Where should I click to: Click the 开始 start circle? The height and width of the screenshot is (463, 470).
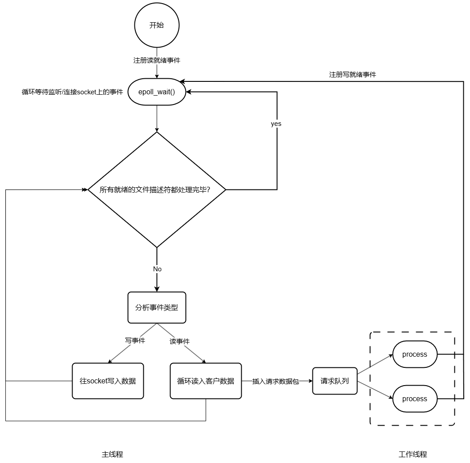[x=157, y=25]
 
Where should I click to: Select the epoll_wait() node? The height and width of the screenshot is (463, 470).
[x=157, y=92]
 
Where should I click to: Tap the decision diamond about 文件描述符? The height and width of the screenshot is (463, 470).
[x=157, y=189]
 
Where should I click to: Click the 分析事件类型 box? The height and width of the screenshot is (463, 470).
[x=157, y=307]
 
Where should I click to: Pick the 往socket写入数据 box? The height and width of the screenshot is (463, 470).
[x=108, y=381]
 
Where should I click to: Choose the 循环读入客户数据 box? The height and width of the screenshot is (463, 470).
[x=206, y=381]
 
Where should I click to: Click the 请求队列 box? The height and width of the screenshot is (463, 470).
[x=335, y=381]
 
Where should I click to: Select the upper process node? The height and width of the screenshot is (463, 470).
[x=415, y=354]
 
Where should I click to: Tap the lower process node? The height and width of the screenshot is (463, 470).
[x=415, y=399]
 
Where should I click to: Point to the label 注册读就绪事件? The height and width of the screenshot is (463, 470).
[x=157, y=60]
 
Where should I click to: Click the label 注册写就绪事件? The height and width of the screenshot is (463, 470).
[x=352, y=75]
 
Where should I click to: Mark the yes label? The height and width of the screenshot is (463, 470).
[x=276, y=124]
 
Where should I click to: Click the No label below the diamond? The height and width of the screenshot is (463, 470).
[x=157, y=269]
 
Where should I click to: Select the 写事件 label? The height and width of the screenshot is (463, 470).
[x=135, y=341]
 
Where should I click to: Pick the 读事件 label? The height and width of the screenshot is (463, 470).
[x=179, y=342]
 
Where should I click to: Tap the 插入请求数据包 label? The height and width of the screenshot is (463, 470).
[x=276, y=381]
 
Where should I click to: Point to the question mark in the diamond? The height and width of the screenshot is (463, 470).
[x=208, y=190]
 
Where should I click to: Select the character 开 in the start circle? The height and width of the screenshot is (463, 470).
[x=153, y=25]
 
